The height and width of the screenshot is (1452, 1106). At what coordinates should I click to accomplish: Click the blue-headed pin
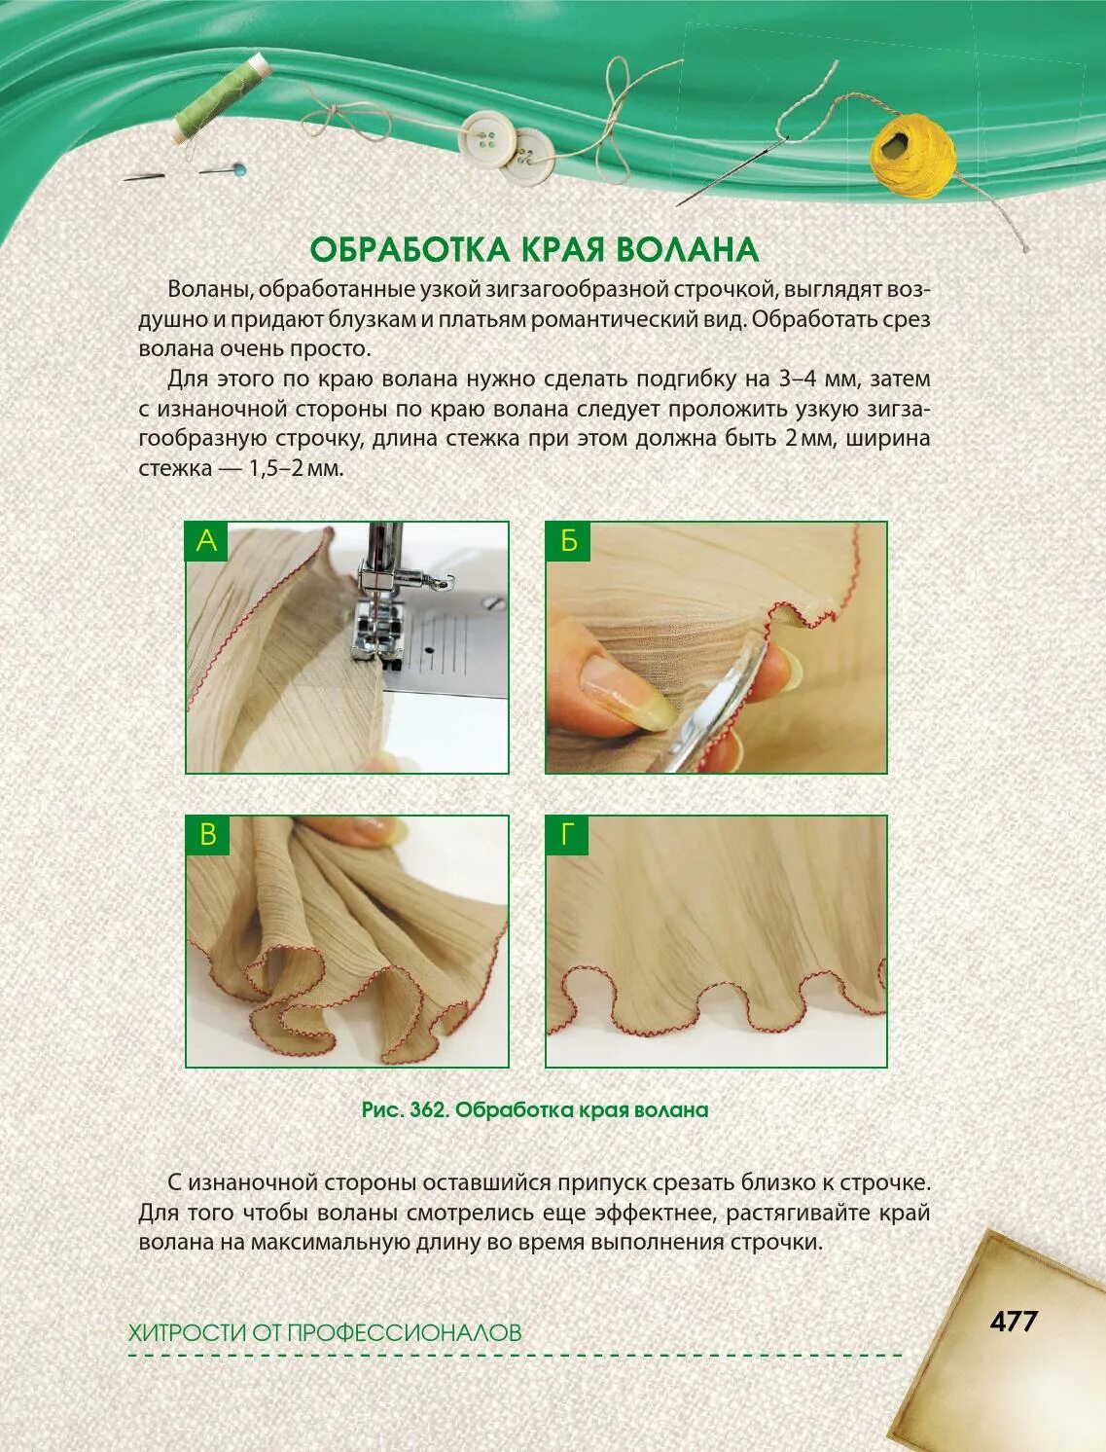tap(237, 169)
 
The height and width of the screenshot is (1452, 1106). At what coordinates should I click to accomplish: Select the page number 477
tap(1014, 1322)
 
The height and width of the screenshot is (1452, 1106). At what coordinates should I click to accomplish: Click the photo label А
tap(206, 541)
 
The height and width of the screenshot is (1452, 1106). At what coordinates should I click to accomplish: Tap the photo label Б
tap(568, 541)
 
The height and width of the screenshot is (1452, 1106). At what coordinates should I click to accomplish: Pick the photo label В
tap(207, 835)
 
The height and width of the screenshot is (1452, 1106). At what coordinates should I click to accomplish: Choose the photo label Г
tap(568, 835)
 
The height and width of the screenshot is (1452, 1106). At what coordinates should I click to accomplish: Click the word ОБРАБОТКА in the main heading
tap(410, 250)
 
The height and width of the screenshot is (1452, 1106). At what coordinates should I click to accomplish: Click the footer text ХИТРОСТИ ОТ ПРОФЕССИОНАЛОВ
tap(325, 1332)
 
